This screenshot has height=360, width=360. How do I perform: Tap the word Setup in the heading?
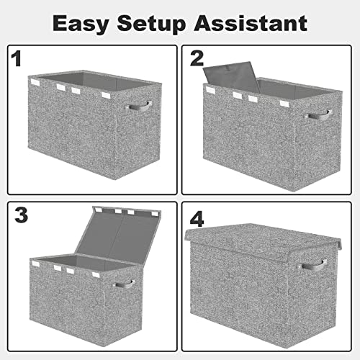click(x=162, y=24)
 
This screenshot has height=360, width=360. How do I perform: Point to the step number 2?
click(x=196, y=60)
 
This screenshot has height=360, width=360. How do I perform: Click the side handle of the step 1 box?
click(x=138, y=107)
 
